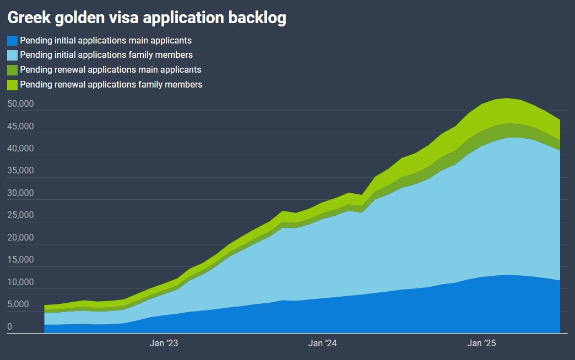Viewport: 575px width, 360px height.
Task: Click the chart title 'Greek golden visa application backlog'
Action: point(147,18)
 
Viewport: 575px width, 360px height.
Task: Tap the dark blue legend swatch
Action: point(12,41)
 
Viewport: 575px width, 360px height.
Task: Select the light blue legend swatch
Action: point(12,55)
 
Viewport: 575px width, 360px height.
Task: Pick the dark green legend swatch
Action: point(12,70)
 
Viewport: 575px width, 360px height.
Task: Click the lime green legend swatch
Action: point(12,85)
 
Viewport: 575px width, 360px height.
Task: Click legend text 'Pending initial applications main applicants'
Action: point(106,40)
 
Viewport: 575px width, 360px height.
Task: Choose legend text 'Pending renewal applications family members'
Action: point(111,85)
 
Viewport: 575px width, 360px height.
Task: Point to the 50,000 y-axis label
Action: point(21,104)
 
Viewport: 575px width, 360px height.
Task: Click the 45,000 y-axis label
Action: point(21,126)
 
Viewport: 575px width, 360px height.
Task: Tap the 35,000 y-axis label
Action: point(21,171)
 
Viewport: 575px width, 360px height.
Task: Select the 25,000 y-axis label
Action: point(21,215)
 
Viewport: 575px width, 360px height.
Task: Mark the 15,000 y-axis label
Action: point(21,260)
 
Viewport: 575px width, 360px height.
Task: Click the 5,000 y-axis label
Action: point(19,304)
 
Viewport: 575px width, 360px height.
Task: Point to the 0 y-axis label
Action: point(10,327)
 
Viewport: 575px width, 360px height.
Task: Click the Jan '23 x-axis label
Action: point(164,343)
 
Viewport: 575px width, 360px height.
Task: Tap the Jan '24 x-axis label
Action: point(323,343)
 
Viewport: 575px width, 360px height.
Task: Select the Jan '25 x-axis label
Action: point(482,343)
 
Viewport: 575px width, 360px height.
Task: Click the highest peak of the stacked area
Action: point(506,99)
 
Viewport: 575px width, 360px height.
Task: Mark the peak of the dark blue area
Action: point(506,275)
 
